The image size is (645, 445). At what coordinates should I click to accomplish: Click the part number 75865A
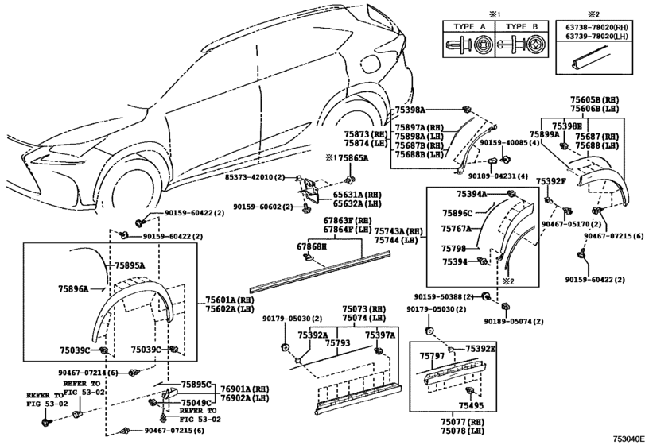[x=352, y=159]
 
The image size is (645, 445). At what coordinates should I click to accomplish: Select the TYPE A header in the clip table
[x=469, y=25]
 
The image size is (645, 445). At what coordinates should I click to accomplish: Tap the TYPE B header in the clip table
[x=524, y=25]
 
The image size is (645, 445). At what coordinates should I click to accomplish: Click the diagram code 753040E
[x=625, y=439]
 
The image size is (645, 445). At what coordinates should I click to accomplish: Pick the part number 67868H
[x=312, y=247]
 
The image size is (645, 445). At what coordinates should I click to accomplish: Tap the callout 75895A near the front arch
[x=129, y=266]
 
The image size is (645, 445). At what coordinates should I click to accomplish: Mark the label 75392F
[x=550, y=182]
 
